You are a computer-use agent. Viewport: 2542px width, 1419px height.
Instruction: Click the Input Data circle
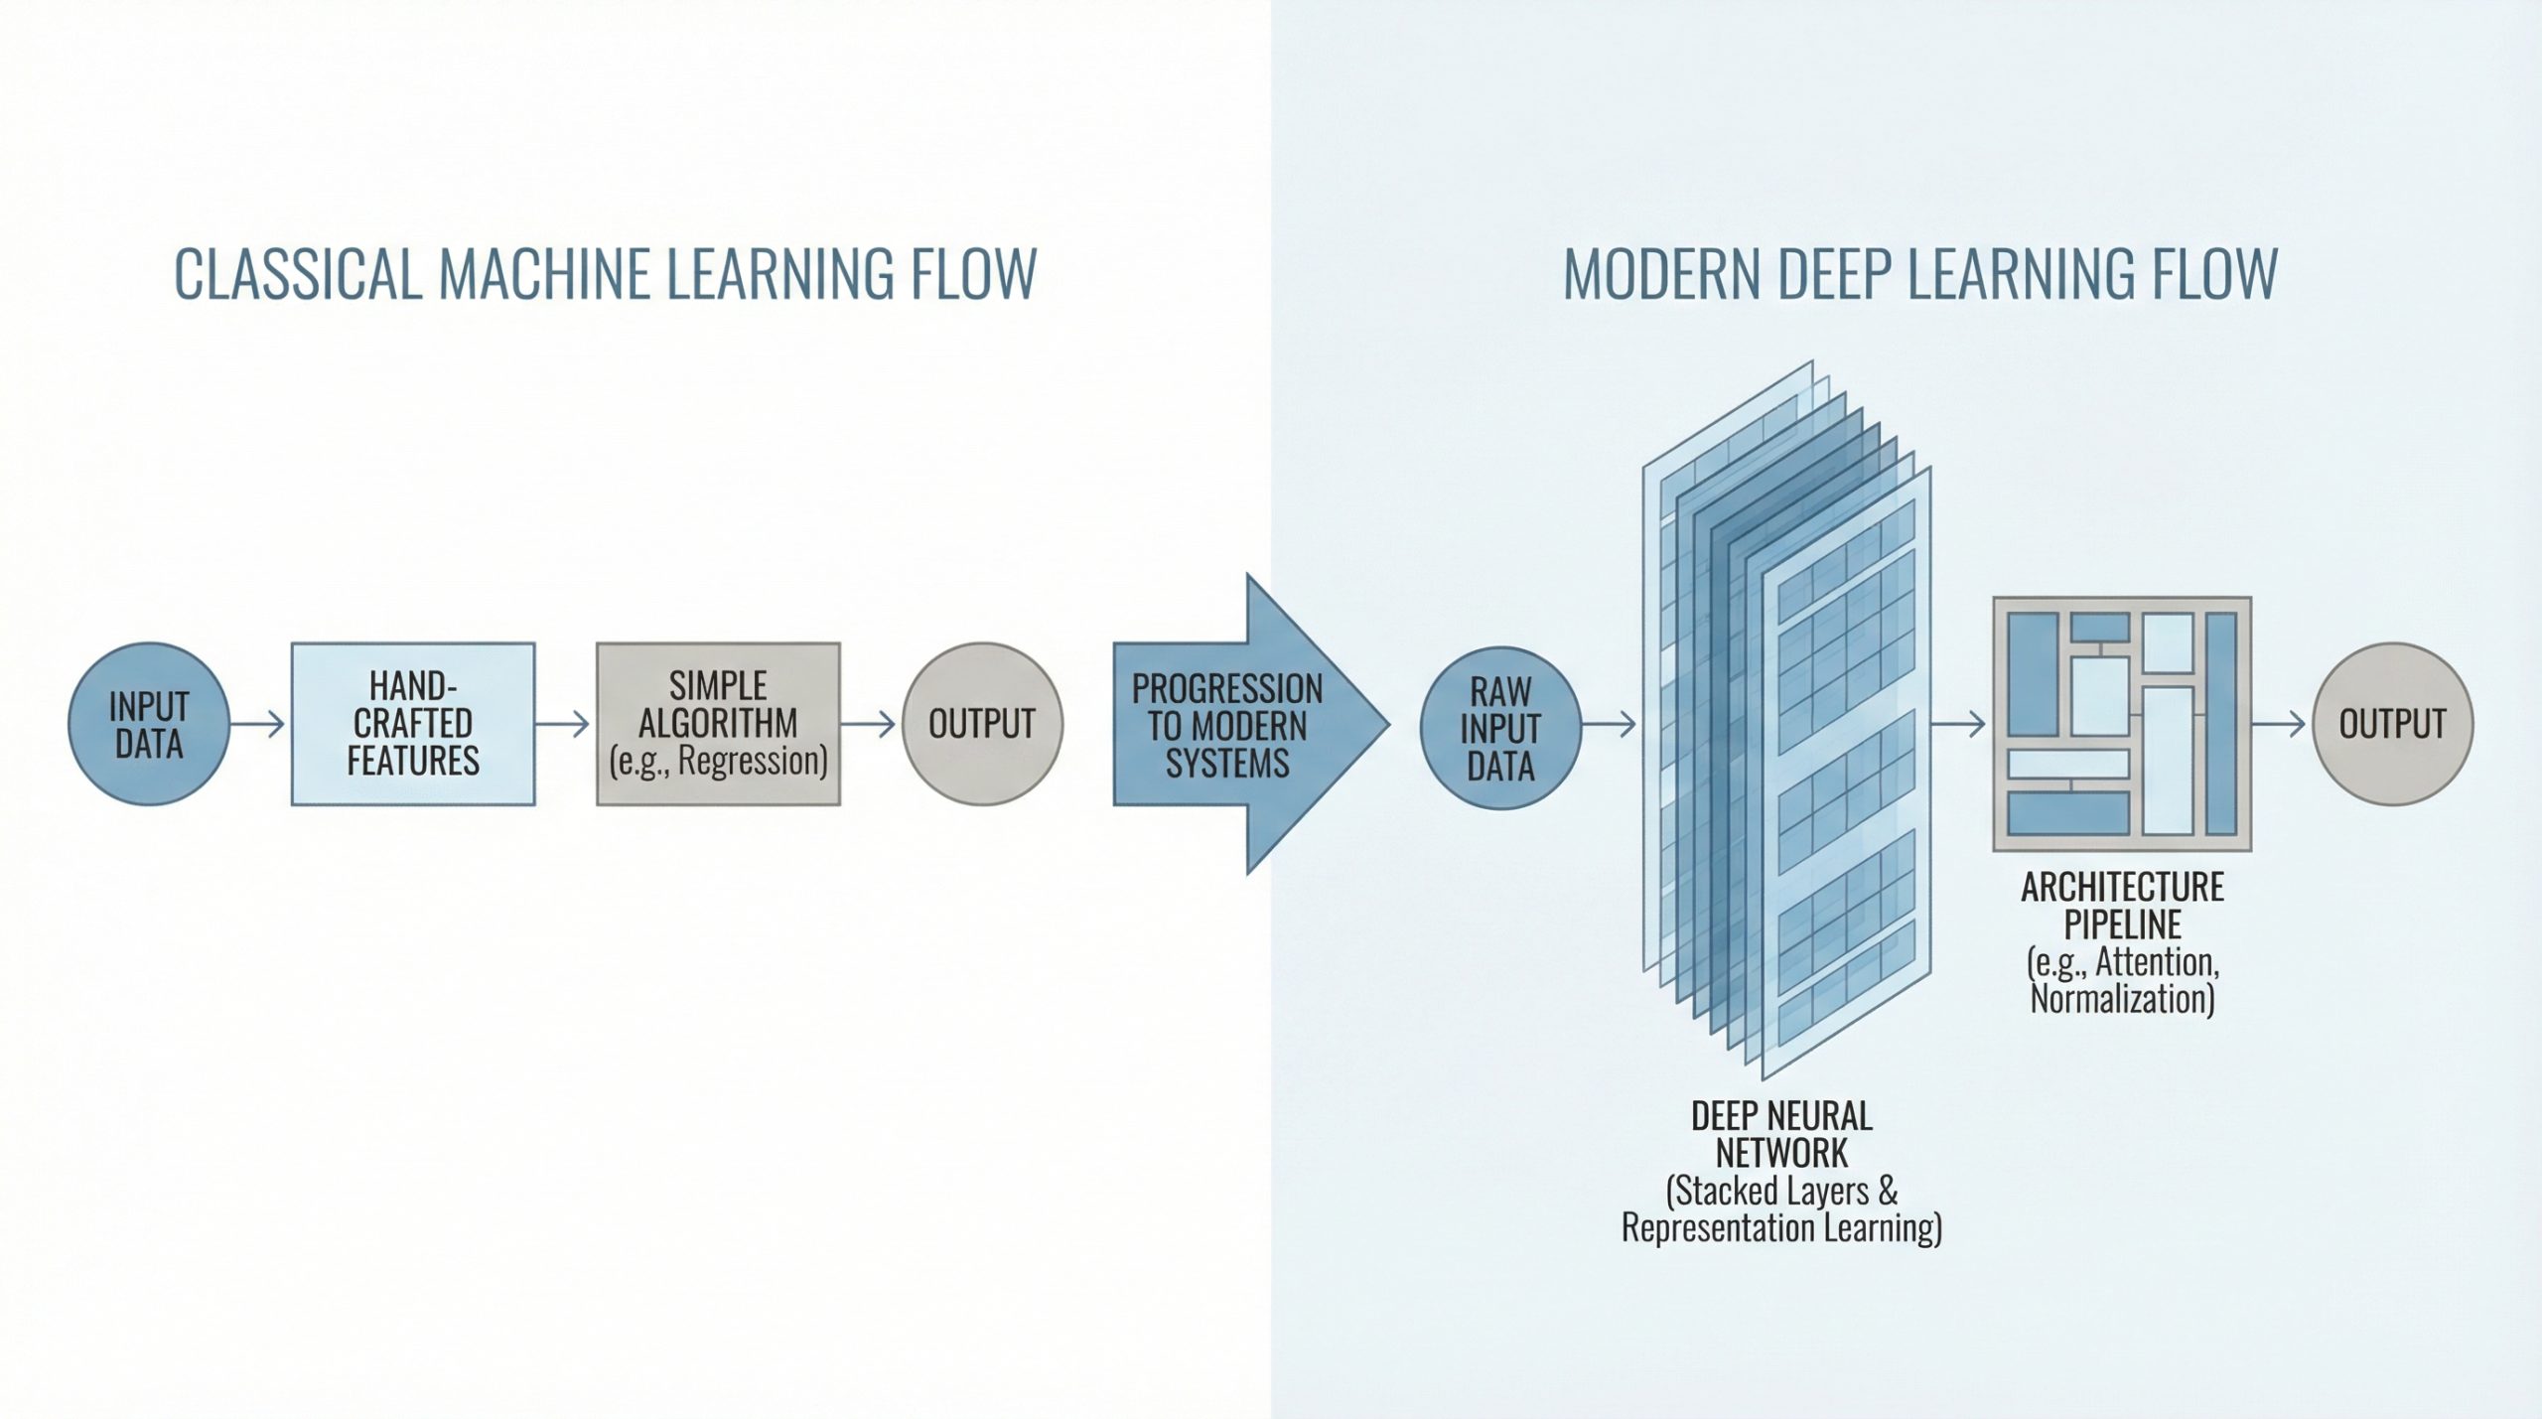click(x=149, y=724)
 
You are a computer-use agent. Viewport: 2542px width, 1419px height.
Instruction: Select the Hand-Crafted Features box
click(x=413, y=724)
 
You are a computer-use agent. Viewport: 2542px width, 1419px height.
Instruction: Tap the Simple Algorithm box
click(x=718, y=724)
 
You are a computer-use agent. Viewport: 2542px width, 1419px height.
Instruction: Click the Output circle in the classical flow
click(x=982, y=724)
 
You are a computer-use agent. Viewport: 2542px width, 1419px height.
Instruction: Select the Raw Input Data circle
click(x=1500, y=727)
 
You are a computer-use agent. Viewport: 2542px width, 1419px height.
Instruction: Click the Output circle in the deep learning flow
click(x=2392, y=724)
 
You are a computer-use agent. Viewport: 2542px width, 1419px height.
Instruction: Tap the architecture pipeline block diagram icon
click(x=2122, y=724)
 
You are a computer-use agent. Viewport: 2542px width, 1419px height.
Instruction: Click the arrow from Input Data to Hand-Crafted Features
click(x=259, y=724)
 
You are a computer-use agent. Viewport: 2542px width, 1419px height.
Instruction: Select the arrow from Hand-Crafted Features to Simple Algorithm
click(x=564, y=724)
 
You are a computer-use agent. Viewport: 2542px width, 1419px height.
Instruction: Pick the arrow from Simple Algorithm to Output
click(x=870, y=724)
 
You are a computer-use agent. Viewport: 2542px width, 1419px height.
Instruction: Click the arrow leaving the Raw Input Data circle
click(x=1609, y=725)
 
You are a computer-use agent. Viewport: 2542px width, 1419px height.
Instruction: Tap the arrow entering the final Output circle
click(x=2279, y=724)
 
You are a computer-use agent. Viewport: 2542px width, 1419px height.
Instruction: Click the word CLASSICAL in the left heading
click(x=298, y=274)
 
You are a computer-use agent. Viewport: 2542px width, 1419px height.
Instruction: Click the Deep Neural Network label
click(x=1781, y=1135)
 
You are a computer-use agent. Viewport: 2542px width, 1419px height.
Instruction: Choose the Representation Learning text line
click(x=1781, y=1228)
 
